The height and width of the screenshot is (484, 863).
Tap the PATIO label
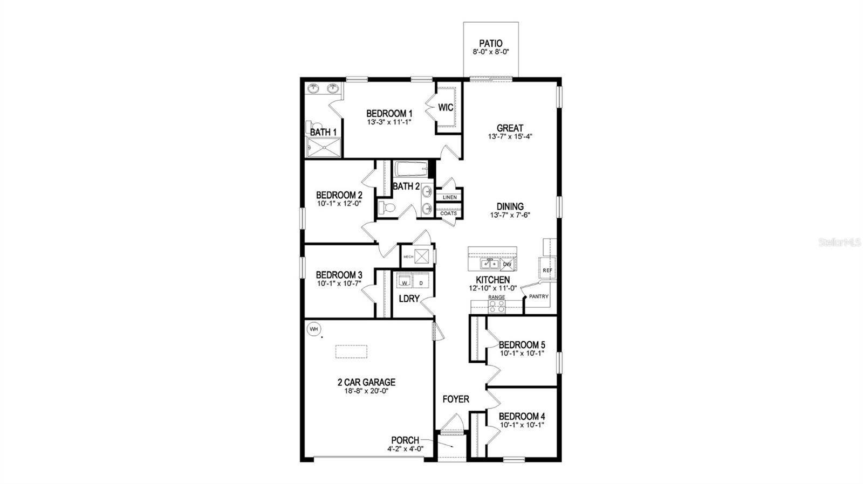pyautogui.click(x=491, y=44)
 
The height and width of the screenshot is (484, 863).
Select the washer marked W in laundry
pyautogui.click(x=404, y=282)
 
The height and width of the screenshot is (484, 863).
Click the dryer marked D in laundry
pyautogui.click(x=421, y=282)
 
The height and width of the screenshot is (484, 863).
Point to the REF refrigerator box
pyautogui.click(x=547, y=270)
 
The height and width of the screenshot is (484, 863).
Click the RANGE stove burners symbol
pyautogui.click(x=497, y=306)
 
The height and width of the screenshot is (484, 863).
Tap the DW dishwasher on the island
pyautogui.click(x=507, y=264)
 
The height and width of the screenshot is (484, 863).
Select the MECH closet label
pyautogui.click(x=408, y=257)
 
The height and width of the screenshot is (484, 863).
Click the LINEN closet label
pyautogui.click(x=449, y=197)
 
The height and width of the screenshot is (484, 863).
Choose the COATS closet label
pyautogui.click(x=449, y=213)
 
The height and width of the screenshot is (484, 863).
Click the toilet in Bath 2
pyautogui.click(x=386, y=208)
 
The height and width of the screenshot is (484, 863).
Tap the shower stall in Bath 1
pyautogui.click(x=324, y=147)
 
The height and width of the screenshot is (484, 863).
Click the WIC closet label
pyautogui.click(x=446, y=108)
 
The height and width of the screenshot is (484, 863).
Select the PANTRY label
pyautogui.click(x=538, y=296)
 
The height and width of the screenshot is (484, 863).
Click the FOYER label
pyautogui.click(x=456, y=399)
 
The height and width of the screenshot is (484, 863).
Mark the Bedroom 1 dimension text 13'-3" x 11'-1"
pyautogui.click(x=389, y=122)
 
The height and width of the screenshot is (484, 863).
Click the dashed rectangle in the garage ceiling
pyautogui.click(x=351, y=351)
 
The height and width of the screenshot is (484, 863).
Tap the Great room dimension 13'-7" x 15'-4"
pyautogui.click(x=510, y=137)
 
